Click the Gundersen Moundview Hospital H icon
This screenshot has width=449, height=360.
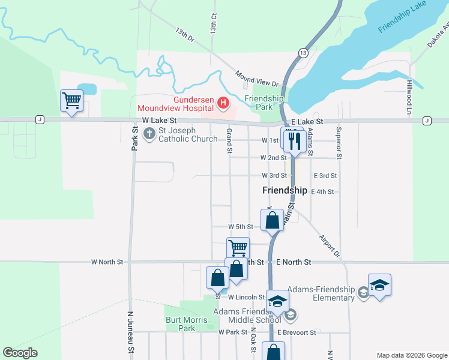223,103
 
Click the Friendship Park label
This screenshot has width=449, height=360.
264,103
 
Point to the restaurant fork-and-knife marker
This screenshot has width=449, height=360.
294,141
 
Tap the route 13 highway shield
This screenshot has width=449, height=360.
304,53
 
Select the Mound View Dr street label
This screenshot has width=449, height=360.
257,79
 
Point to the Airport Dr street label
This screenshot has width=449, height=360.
330,246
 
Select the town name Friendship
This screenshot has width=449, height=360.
285,190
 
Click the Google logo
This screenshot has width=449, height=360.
20,353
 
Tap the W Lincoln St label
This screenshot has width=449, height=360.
246,297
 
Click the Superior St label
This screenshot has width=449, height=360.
339,143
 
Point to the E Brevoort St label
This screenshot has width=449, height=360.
297,332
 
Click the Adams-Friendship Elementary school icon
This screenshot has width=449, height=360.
363,292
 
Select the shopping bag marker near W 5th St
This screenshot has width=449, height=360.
272,220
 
